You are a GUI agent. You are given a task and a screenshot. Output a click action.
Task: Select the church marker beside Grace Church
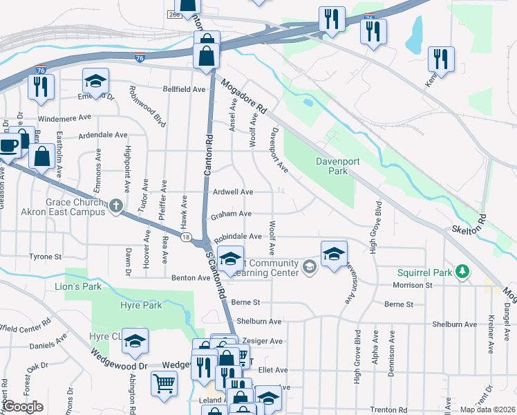(x=115, y=205)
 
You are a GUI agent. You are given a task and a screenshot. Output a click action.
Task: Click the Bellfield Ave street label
(x=184, y=90)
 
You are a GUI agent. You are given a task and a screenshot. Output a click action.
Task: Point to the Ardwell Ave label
(x=233, y=192)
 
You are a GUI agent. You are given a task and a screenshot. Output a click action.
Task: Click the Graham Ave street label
(x=231, y=214)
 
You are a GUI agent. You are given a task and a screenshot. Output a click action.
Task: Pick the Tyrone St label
(x=46, y=257)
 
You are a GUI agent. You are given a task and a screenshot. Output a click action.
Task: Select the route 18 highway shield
(x=186, y=237)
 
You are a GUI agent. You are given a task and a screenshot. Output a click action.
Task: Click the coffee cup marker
(x=8, y=145)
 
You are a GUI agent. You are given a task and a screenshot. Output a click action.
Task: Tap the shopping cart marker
(x=164, y=382)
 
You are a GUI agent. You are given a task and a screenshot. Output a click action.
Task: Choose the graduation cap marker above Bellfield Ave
(x=95, y=81)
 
